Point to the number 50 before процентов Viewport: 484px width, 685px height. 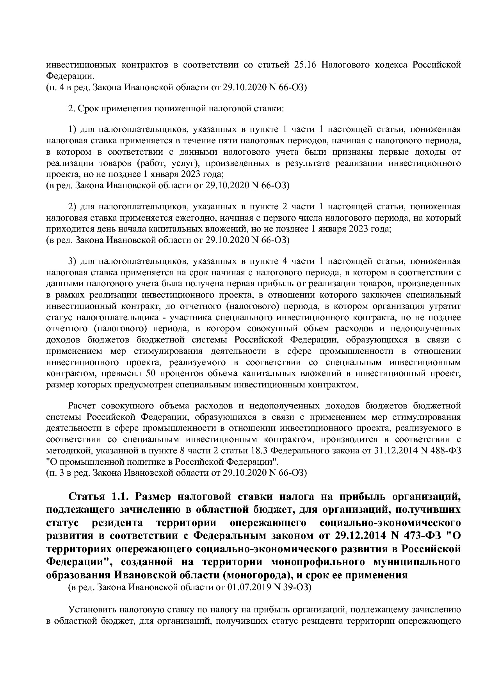click(151, 373)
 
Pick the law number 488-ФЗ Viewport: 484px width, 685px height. click(446, 450)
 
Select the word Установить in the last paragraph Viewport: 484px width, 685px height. click(92, 609)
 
